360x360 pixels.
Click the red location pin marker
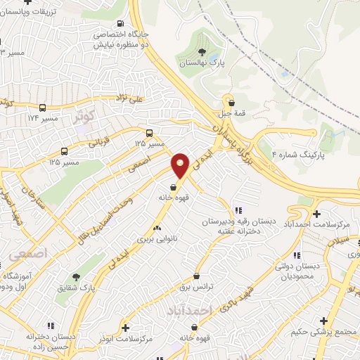point(181,165)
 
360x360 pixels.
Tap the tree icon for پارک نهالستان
point(202,52)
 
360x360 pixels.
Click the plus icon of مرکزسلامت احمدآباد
point(316,214)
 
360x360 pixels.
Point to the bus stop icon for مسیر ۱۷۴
point(43,108)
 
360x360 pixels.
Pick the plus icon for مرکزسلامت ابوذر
point(126,327)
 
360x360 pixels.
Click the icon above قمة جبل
point(231,103)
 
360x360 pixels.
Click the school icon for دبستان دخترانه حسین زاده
point(50,326)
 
